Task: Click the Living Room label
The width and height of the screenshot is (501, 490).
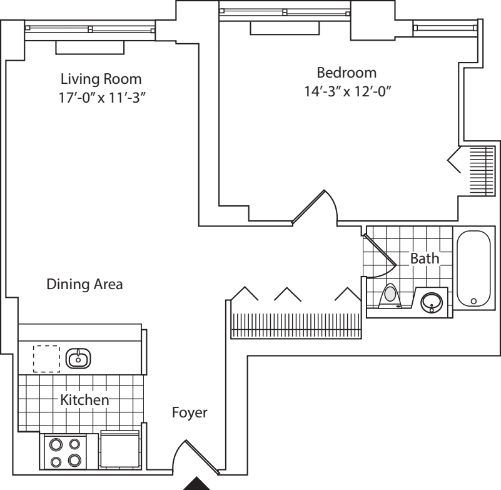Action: [101, 79]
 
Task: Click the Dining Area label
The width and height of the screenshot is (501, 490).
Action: [84, 284]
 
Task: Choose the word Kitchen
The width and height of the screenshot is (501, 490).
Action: [84, 399]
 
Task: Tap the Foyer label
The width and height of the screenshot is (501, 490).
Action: [190, 413]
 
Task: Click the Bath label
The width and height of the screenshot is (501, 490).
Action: [425, 258]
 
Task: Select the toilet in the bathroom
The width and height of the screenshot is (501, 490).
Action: [390, 295]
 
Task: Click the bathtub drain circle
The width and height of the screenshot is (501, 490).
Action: [473, 301]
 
